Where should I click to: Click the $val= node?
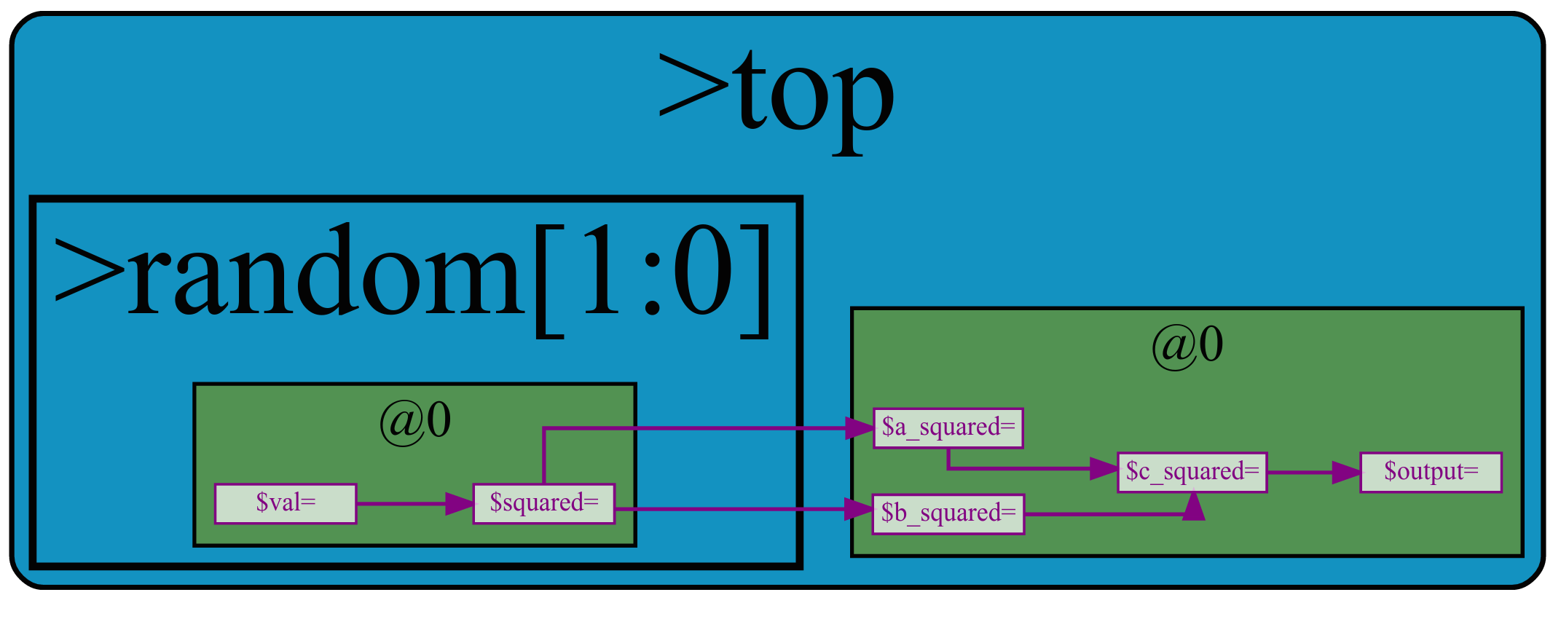[x=286, y=503]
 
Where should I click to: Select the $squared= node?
[x=544, y=503]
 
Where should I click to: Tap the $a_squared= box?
[x=948, y=428]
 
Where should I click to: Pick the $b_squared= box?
[x=948, y=514]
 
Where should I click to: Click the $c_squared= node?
[x=1192, y=472]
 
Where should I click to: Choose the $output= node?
[x=1431, y=472]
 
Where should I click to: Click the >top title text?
[x=776, y=95]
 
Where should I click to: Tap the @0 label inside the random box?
[x=414, y=420]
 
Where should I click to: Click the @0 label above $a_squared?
[x=1187, y=344]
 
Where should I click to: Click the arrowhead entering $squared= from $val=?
[x=459, y=503]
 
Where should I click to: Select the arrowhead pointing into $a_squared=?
[x=859, y=428]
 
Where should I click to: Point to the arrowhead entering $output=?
[x=1346, y=473]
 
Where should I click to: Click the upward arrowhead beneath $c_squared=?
[x=1193, y=507]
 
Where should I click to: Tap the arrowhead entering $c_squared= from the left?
[x=1103, y=468]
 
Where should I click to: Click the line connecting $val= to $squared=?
[x=401, y=503]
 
